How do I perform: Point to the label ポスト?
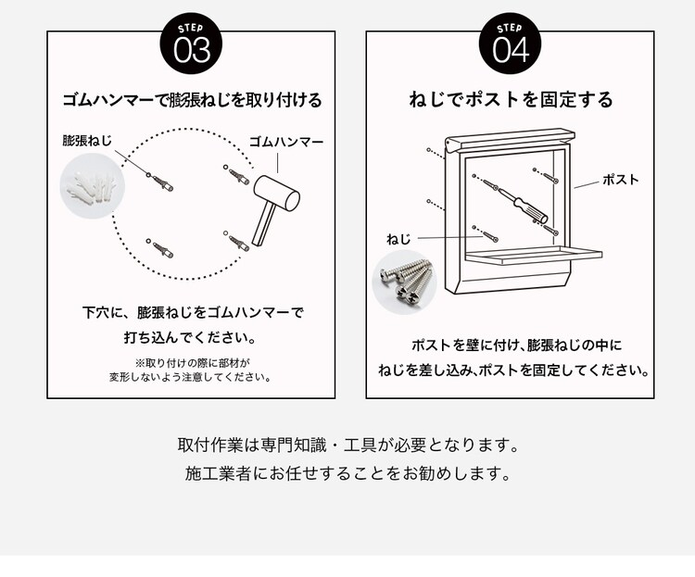620,180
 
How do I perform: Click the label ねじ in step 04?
398,239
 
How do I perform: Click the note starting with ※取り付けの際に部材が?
191,370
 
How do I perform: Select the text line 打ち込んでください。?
191,338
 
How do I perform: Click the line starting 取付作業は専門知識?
347,445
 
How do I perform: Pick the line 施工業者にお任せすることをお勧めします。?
347,474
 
